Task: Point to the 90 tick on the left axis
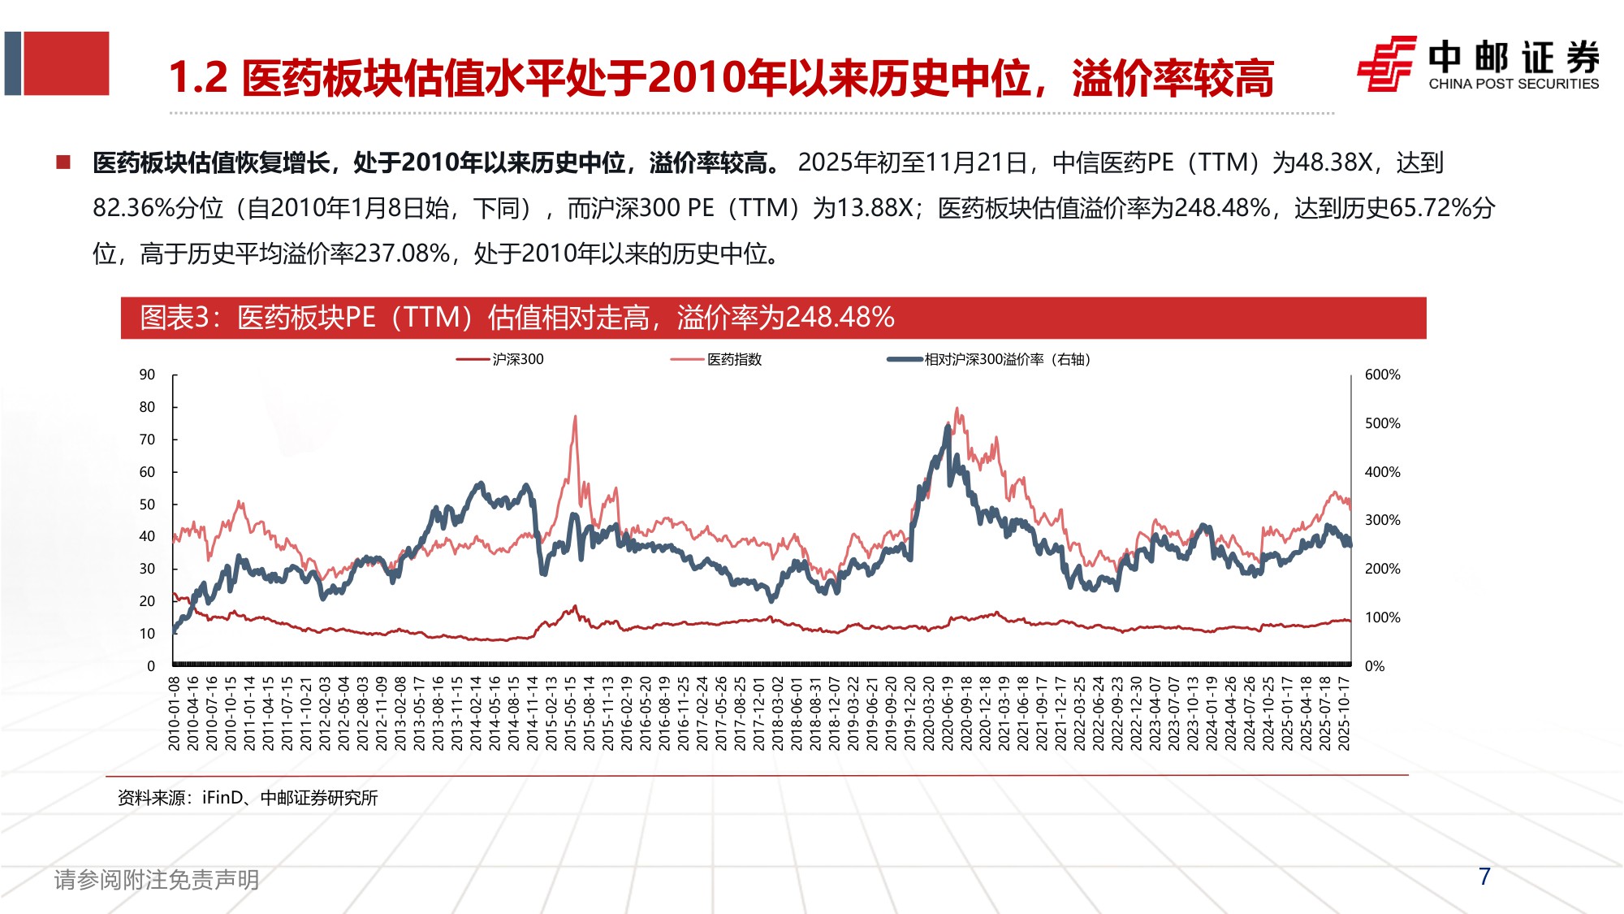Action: (147, 375)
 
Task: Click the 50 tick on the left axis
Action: (147, 505)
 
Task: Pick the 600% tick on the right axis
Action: (1382, 375)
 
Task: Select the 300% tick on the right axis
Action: (1382, 520)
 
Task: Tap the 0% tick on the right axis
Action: (1375, 666)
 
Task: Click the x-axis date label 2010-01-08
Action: (175, 713)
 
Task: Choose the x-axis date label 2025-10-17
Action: (1344, 713)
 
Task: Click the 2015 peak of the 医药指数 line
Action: (575, 417)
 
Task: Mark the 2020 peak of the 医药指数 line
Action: (957, 409)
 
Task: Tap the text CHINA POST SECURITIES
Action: (1514, 84)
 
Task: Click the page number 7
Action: (1484, 876)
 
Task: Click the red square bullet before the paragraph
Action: (63, 162)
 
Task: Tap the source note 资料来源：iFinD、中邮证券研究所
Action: (248, 798)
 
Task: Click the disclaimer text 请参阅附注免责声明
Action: (157, 879)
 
